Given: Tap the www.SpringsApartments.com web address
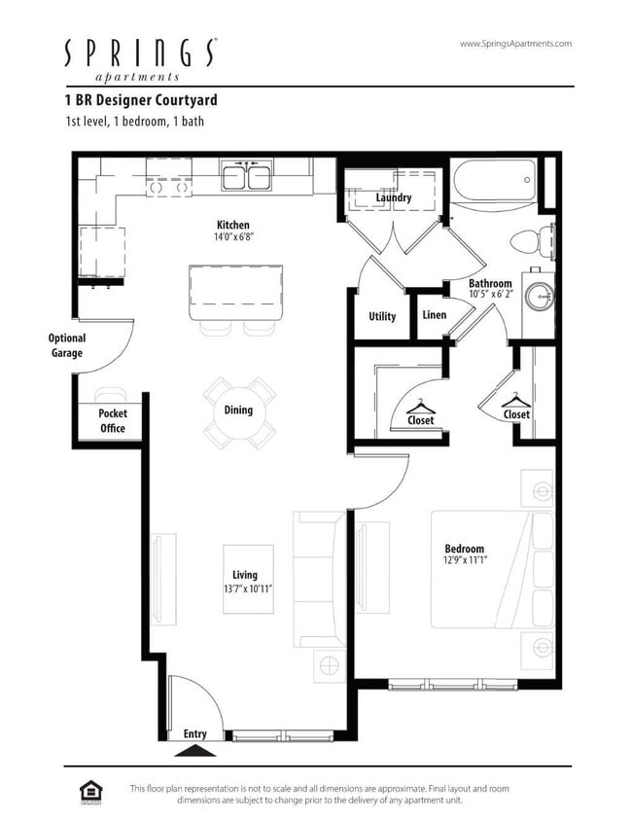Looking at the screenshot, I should point(514,44).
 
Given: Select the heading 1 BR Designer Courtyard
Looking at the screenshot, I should point(141,100).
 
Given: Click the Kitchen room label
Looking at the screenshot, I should point(233,225).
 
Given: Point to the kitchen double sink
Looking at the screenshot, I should point(246,178).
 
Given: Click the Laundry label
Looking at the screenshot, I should point(394,197).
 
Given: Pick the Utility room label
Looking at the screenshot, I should point(382,316).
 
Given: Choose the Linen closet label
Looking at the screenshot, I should point(435,315).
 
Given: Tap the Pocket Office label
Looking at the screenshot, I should point(113,420).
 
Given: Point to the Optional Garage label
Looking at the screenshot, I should point(67,345).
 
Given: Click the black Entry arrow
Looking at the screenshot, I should point(194,750).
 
